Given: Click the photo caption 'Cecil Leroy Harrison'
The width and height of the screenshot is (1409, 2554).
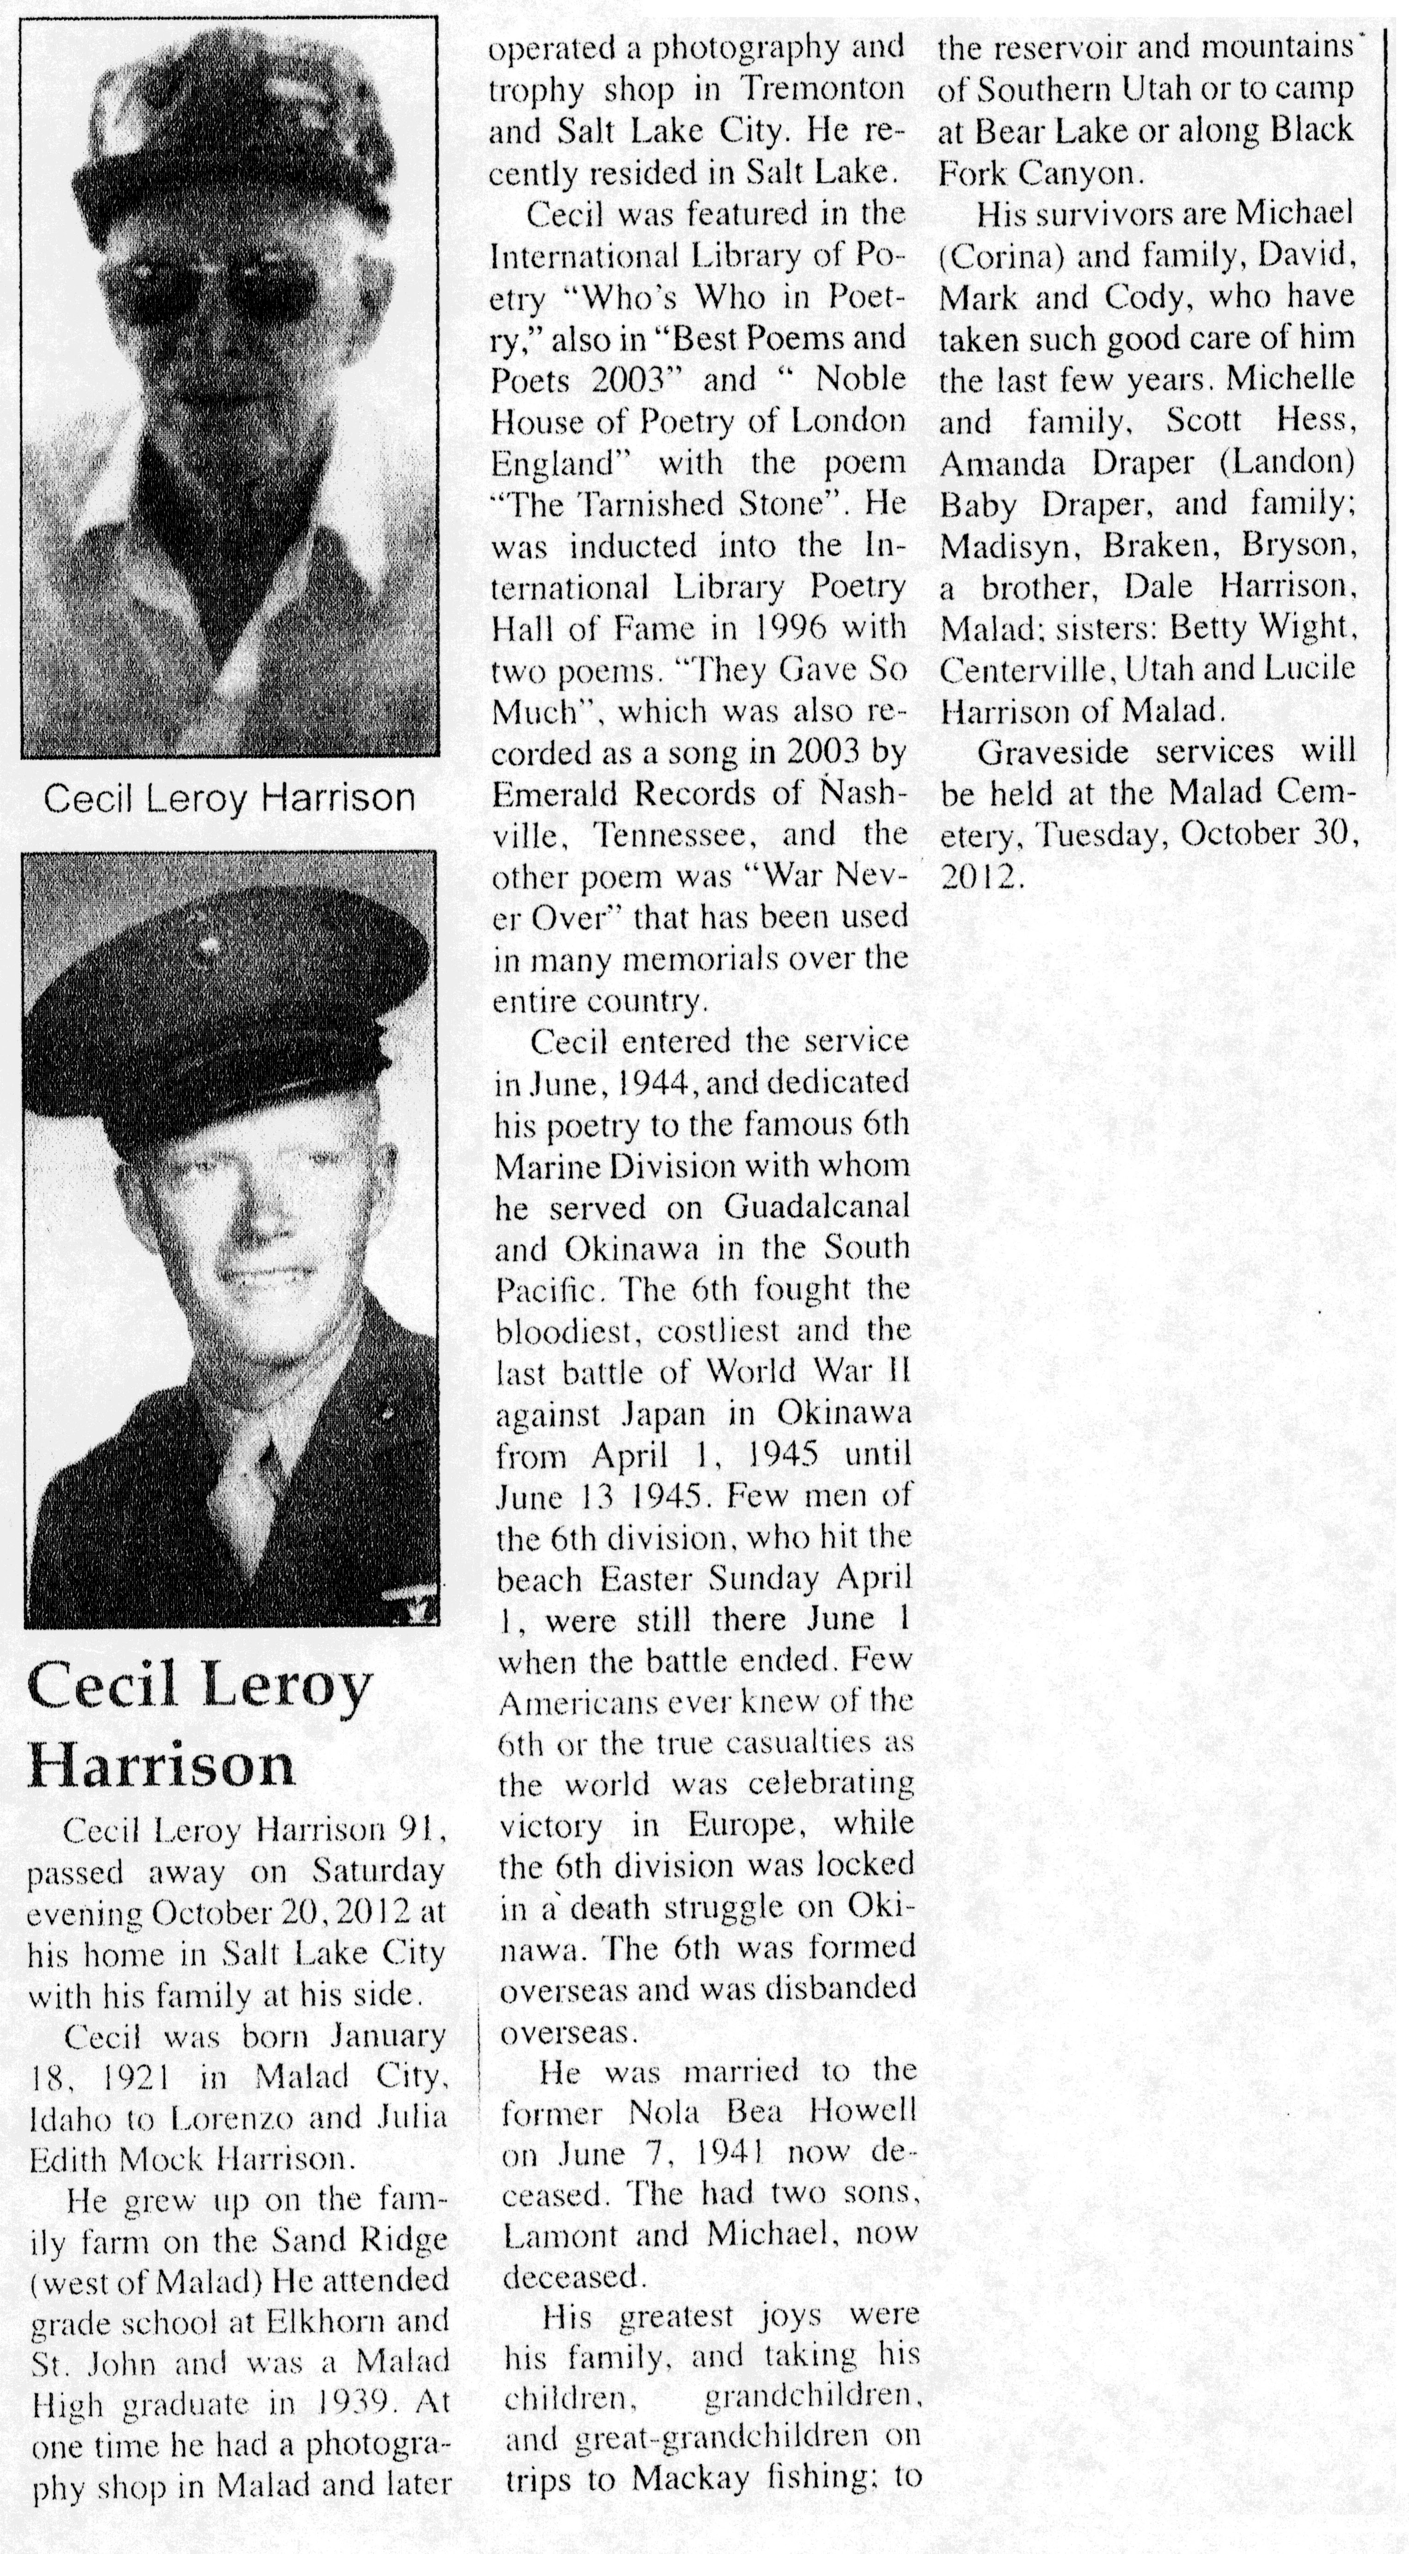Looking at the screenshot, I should coord(229,798).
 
